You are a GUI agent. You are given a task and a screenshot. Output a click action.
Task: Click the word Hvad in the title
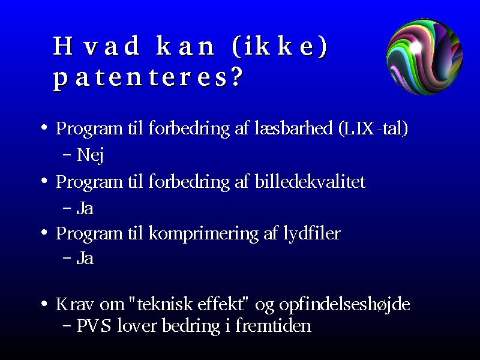(97, 46)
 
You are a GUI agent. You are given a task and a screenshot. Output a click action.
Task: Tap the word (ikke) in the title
(280, 47)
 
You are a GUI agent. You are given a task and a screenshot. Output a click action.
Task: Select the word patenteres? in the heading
(148, 78)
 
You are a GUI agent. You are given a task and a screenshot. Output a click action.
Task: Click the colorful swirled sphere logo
(425, 56)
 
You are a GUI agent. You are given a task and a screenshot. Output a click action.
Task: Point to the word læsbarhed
(293, 128)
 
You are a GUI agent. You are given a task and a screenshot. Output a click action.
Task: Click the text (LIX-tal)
(373, 128)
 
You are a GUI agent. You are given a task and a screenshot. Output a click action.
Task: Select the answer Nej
(90, 155)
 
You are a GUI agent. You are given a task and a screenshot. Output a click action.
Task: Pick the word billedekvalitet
(310, 181)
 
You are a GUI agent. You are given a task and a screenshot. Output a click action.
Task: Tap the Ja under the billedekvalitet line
(85, 208)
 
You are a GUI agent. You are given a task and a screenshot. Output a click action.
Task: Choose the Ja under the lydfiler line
(85, 258)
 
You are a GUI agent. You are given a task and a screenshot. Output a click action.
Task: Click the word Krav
(75, 304)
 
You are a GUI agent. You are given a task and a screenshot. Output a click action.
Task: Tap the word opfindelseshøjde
(344, 305)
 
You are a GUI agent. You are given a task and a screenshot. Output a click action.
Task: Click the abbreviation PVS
(94, 325)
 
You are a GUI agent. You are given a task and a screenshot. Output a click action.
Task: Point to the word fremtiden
(273, 325)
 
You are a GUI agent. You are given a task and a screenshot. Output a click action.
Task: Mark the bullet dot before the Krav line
(44, 304)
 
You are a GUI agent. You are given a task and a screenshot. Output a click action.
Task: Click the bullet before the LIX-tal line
(44, 127)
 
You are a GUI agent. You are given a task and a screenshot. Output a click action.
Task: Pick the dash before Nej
(67, 154)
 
